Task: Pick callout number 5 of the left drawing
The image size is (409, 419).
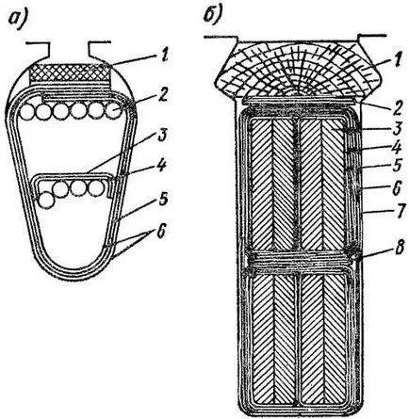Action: coord(164,199)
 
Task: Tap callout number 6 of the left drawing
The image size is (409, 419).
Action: coord(160,233)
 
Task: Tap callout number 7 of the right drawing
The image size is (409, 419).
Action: coord(397,211)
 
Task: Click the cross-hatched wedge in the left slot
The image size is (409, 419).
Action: coord(70,73)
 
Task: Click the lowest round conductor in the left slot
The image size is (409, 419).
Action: coord(46,201)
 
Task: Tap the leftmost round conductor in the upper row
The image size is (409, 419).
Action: coord(27,111)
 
